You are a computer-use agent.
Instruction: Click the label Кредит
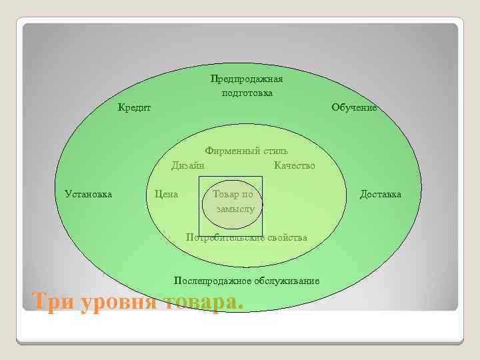coord(134,107)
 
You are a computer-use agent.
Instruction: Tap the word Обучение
coord(354,107)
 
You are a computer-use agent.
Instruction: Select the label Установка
coord(88,194)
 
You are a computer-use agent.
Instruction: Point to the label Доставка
coord(381,194)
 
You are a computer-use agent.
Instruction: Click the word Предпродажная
coord(247,79)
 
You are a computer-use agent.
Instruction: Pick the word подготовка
coord(247,93)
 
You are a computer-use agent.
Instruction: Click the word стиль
coord(275,151)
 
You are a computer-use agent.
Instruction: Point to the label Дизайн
coord(188,165)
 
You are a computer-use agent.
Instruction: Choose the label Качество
coord(294,165)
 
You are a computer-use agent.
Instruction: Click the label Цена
coord(166,194)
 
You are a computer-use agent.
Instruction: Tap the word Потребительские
coord(223,237)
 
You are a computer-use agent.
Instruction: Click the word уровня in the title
coord(119,303)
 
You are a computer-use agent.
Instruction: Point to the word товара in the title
coord(203,301)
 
